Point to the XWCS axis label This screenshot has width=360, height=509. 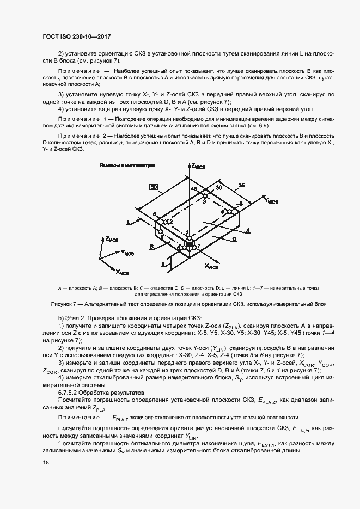pyautogui.click(x=211, y=267)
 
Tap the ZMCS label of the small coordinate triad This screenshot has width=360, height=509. pyautogui.click(x=112, y=240)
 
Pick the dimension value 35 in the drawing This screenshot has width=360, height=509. pyautogui.click(x=240, y=185)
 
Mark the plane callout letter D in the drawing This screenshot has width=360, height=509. pyautogui.click(x=233, y=238)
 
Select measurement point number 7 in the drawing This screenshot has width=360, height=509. pyautogui.click(x=199, y=247)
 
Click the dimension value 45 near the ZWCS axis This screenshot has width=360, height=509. pyautogui.click(x=193, y=189)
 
